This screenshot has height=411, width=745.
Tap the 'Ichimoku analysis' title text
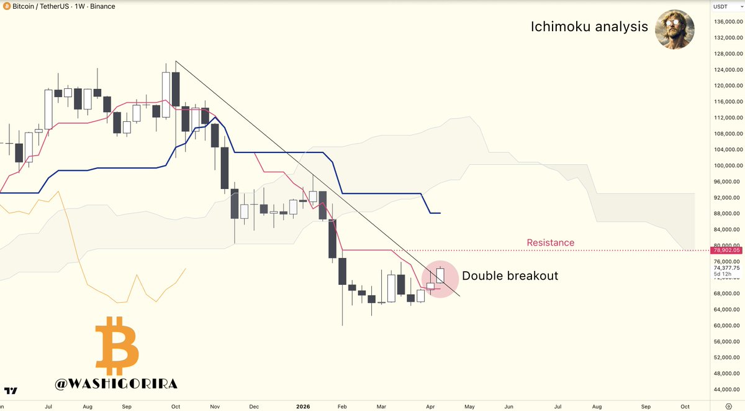pos(589,27)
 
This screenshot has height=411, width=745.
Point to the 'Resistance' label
pos(550,242)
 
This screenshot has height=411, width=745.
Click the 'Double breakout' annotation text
pos(510,275)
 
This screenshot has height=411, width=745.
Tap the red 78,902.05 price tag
pos(727,250)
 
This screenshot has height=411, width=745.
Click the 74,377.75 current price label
pos(727,268)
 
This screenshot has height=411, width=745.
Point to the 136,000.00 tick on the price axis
pos(727,22)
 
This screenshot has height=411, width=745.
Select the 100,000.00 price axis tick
pos(727,165)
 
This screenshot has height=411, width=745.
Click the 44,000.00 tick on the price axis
pos(727,389)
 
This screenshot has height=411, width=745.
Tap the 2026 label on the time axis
pos(303,405)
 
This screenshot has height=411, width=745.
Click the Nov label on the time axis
pos(215,405)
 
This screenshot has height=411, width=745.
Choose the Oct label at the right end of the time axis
pos(685,405)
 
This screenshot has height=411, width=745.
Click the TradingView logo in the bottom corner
pos(11,391)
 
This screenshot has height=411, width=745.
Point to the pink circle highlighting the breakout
pos(440,279)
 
